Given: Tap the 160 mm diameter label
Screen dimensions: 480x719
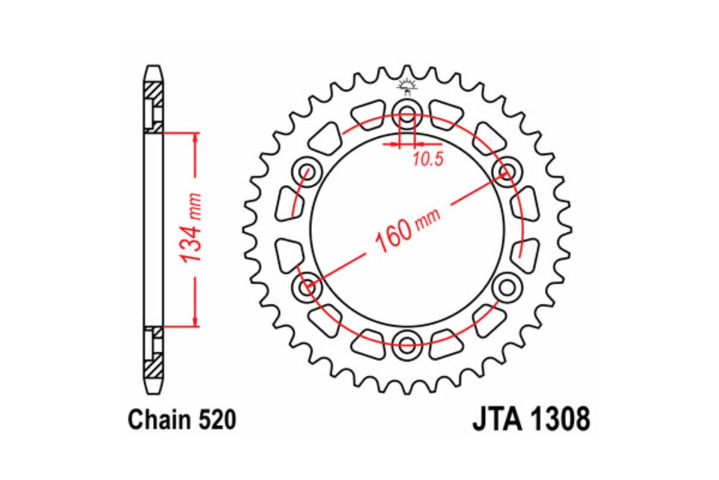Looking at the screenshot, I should point(405,228).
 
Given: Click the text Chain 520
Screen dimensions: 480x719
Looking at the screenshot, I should point(181,419).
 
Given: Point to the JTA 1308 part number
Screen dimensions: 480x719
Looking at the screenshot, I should point(531,419).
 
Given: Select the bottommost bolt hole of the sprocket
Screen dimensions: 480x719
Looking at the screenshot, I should point(407,344).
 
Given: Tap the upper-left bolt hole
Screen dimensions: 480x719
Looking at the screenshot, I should point(307,170).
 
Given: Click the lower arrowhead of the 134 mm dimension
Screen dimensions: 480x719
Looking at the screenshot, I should point(195,320).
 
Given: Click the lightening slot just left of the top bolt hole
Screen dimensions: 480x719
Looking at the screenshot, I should point(368,114).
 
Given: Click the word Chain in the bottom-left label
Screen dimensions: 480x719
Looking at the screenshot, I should point(158,419).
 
